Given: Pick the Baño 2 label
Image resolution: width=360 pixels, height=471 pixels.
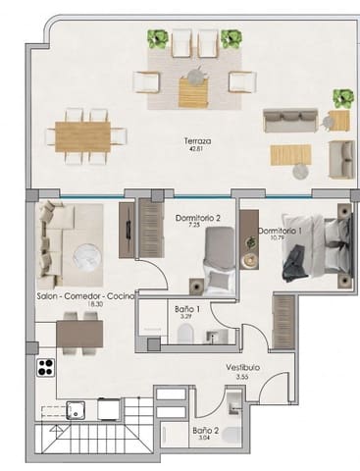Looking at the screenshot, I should tap(205, 430).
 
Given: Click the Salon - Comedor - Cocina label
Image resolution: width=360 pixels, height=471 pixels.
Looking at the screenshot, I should tap(85, 296).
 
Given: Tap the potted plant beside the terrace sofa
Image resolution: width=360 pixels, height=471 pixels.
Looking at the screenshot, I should tap(341, 98).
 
